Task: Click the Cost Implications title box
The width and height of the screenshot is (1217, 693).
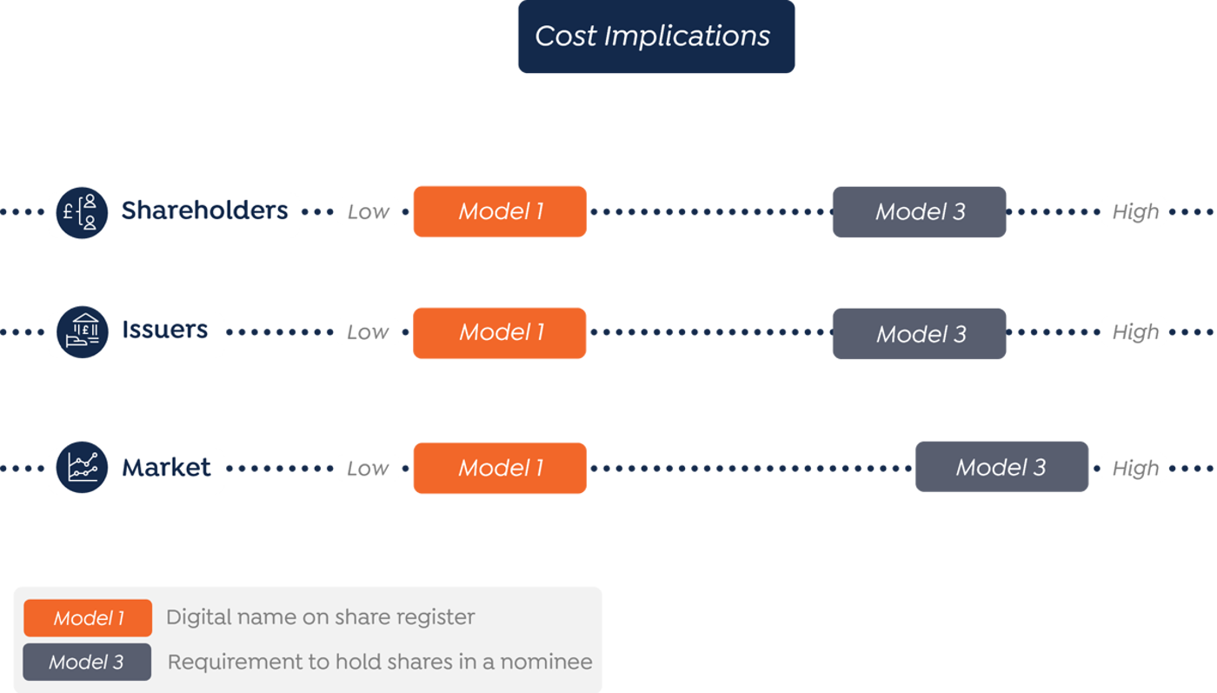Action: (655, 37)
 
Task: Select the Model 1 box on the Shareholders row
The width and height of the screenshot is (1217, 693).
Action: (500, 211)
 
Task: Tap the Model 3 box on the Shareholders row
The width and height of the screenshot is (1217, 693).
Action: (920, 212)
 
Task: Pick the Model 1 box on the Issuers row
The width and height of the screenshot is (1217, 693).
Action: (500, 332)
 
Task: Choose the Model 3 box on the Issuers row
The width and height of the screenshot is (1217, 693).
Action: (920, 334)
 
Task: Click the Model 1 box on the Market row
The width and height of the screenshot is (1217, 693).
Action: (500, 468)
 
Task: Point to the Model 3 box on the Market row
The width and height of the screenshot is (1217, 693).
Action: (1001, 467)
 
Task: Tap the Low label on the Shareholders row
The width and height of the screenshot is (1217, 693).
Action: (368, 211)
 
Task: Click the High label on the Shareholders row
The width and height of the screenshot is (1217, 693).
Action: (1134, 211)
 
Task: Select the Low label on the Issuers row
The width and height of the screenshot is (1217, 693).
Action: (368, 332)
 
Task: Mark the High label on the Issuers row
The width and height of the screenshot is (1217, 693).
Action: (1134, 332)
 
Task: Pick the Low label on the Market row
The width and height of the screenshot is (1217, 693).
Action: (368, 468)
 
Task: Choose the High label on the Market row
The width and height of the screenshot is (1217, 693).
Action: (1134, 468)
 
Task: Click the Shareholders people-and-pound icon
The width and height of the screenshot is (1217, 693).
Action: (82, 212)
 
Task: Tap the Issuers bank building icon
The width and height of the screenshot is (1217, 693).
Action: (82, 331)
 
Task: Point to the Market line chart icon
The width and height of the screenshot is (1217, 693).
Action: (82, 467)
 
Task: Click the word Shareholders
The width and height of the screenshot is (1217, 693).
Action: (204, 210)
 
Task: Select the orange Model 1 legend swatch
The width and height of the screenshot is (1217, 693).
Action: (88, 618)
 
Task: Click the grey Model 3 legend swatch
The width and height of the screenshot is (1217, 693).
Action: (87, 662)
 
